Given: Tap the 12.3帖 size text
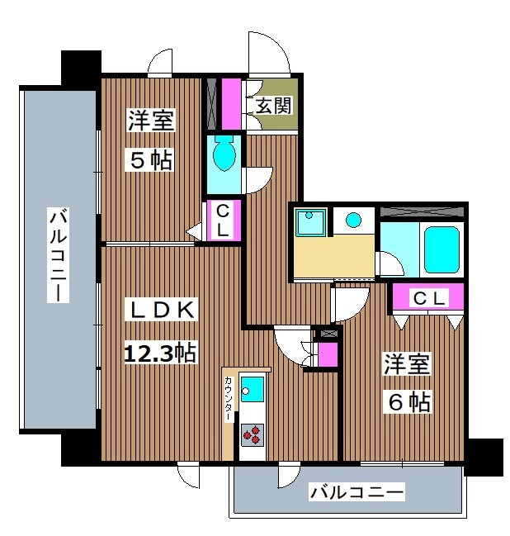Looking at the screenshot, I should tap(160, 353).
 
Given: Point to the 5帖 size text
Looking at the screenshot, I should tap(150, 159).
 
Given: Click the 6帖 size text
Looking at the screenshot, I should tap(406, 402).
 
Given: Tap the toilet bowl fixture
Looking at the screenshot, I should tap(224, 153).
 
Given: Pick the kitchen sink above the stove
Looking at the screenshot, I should tap(253, 387).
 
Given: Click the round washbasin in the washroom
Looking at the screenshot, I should tap(354, 220).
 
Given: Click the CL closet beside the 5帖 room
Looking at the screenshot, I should tap(223, 221).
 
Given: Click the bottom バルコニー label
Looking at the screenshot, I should tap(357, 494).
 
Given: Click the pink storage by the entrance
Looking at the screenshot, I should tap(230, 102).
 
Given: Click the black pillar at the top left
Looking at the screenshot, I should tap(81, 64).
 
